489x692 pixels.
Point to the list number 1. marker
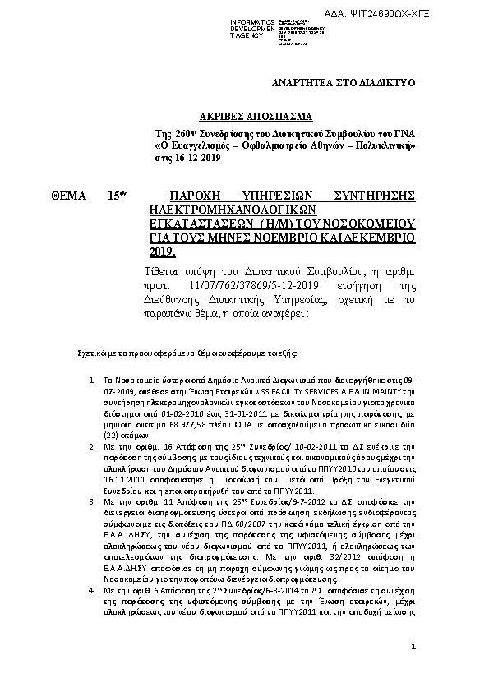pos(91,381)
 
